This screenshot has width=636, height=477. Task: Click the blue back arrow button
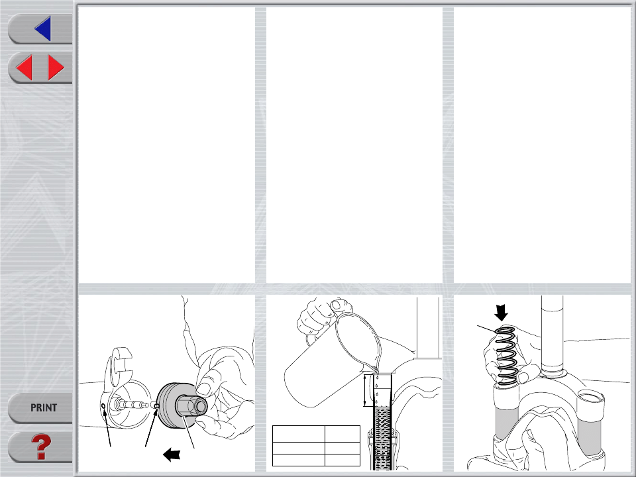click(44, 28)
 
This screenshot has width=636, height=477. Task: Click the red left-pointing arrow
click(24, 68)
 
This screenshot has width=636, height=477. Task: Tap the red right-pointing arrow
click(56, 68)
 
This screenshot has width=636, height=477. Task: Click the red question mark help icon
click(41, 447)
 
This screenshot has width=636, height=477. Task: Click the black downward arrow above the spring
click(502, 313)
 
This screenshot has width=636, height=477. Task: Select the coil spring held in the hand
click(507, 356)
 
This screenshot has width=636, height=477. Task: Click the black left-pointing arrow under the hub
click(172, 454)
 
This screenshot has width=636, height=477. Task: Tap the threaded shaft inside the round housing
click(132, 405)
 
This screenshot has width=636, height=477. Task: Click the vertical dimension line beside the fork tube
click(365, 390)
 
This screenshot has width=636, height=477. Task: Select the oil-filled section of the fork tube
click(382, 438)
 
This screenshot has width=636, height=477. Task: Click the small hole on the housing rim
click(103, 405)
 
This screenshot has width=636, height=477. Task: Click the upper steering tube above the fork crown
click(552, 333)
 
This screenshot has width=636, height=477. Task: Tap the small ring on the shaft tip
click(156, 405)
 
